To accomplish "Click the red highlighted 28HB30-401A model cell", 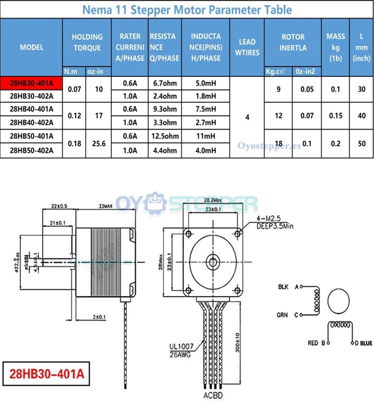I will point(31,83).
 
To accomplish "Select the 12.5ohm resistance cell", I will point(165,136).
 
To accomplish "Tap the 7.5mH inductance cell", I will point(206,109).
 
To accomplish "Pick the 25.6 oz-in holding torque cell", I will point(99,143).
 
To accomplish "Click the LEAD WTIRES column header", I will point(247,47).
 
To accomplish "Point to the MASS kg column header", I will point(335,47).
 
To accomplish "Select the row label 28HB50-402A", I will point(31,150).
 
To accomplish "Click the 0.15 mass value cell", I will point(335,116).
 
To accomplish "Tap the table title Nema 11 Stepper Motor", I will point(187,9).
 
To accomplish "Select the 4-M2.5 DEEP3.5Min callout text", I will point(274,222).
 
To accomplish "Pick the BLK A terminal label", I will point(289,287).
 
